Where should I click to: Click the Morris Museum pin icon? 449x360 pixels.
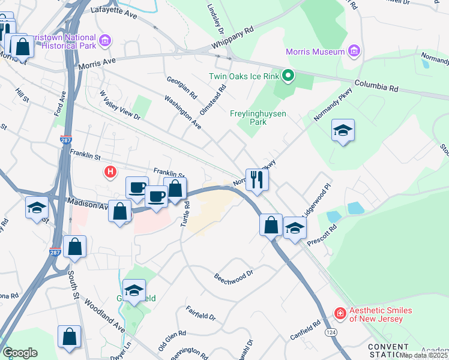tap(354, 52)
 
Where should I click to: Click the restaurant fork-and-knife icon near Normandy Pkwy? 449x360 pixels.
tap(257, 179)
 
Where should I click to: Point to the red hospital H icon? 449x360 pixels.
tap(110, 173)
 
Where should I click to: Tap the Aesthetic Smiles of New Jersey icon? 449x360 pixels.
tap(340, 313)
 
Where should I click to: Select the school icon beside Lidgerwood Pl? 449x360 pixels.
tap(295, 227)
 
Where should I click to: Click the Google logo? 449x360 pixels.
tap(20, 352)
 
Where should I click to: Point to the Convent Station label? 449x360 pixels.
tap(388, 351)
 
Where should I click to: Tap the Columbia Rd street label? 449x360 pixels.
tap(376, 86)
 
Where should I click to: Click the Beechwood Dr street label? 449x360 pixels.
tap(235, 279)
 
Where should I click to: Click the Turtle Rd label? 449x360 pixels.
tap(185, 214)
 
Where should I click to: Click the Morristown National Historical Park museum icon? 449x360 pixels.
tap(106, 41)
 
